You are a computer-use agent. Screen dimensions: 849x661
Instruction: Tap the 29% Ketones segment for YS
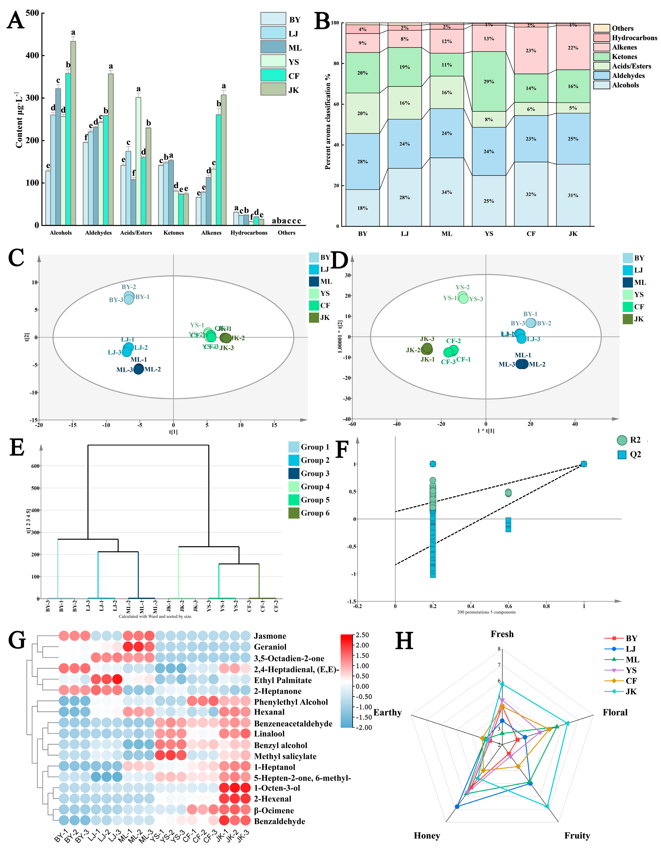click(x=489, y=82)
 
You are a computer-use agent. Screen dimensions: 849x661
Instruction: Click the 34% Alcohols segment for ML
click(x=447, y=192)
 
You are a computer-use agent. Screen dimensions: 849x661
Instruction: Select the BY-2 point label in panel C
click(x=129, y=287)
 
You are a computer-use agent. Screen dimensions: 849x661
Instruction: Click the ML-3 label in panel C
click(x=124, y=370)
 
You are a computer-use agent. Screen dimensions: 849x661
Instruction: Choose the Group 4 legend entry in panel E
click(x=315, y=487)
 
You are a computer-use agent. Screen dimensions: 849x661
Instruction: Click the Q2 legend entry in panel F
click(x=635, y=454)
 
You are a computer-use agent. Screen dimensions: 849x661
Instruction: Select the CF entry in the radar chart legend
click(x=631, y=681)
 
